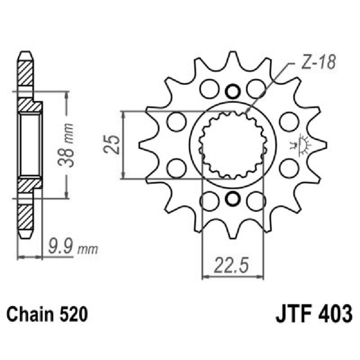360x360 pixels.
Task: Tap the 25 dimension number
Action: pyautogui.click(x=114, y=144)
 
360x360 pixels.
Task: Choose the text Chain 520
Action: pyautogui.click(x=46, y=314)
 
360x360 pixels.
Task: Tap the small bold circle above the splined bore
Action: pyautogui.click(x=233, y=91)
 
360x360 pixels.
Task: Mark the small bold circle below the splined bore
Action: pyautogui.click(x=233, y=198)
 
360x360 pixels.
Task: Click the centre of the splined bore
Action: pyautogui.click(x=233, y=145)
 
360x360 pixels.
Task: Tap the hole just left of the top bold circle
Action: pyautogui.click(x=209, y=88)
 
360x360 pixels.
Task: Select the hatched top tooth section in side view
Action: pyautogui.click(x=26, y=73)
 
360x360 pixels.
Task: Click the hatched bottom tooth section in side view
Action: pyautogui.click(x=26, y=216)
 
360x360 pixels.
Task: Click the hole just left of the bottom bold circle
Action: pyautogui.click(x=209, y=201)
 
